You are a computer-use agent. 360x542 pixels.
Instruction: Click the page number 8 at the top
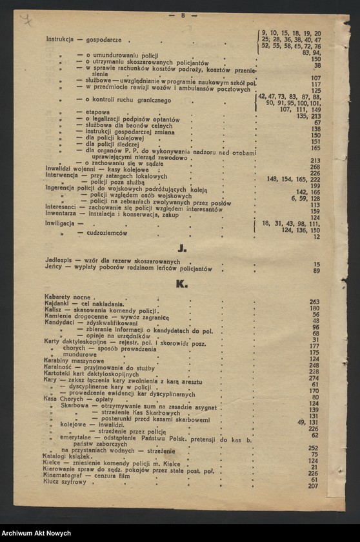pyautogui.click(x=183, y=15)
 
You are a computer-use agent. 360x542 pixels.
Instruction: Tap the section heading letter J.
pyautogui.click(x=183, y=248)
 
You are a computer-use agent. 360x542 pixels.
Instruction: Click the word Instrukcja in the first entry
pyautogui.click(x=59, y=39)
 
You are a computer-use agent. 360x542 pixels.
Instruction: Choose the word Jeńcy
pyautogui.click(x=54, y=268)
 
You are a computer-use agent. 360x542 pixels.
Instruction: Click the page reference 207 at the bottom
pyautogui.click(x=313, y=486)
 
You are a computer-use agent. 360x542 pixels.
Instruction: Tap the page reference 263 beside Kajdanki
pyautogui.click(x=314, y=302)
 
